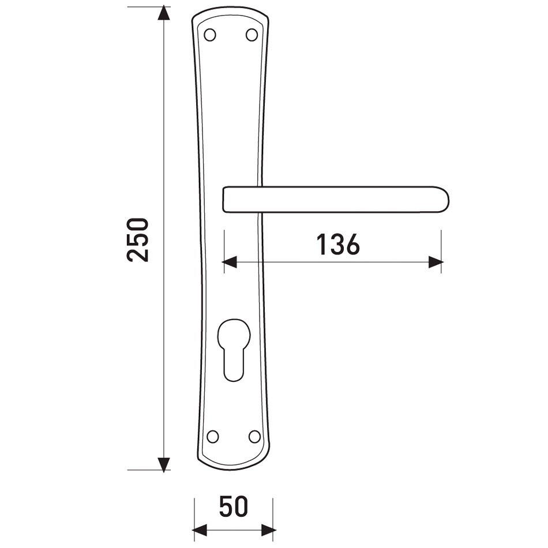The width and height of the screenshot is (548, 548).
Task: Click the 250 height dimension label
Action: coord(138,239)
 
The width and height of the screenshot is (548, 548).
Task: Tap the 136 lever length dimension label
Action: coord(338,245)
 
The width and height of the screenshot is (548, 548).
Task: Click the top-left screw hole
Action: coord(210,35)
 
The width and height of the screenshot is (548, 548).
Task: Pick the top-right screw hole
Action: coord(252,35)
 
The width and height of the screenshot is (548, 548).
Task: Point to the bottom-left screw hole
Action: coord(212,436)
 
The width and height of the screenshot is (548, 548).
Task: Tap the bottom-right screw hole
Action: coord(254,436)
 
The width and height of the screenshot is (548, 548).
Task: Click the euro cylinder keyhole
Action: coord(234,350)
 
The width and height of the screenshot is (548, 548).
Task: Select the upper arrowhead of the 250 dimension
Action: coord(164,13)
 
